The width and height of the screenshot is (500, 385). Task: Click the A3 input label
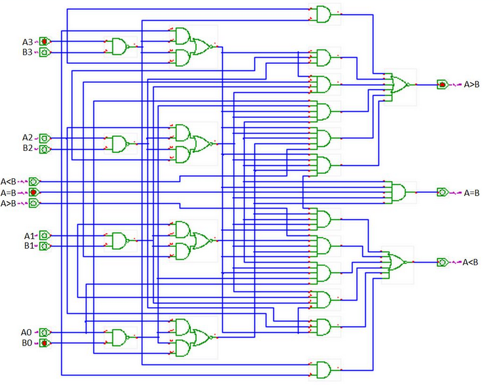27,42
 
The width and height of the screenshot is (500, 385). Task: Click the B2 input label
27,148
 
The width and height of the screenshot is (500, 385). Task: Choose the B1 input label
28,246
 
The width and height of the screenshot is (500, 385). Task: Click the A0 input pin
44,333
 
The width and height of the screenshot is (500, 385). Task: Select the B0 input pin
44,344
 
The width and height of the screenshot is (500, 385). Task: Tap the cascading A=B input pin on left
34,192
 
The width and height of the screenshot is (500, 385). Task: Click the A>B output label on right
472,85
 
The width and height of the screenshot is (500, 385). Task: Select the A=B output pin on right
443,192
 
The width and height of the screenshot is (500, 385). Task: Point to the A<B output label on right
471,263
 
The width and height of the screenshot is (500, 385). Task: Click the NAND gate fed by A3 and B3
119,47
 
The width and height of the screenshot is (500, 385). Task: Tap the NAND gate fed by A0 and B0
119,338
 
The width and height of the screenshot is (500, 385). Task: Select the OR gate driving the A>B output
399,85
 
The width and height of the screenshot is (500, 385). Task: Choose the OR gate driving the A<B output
397,262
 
